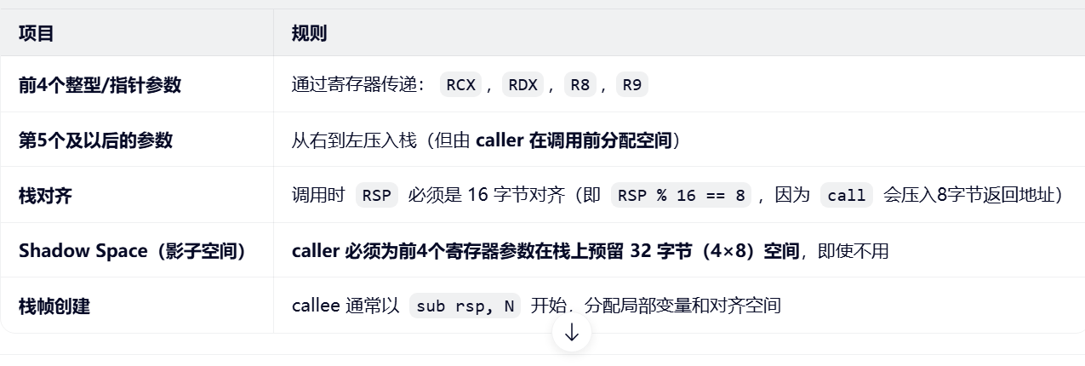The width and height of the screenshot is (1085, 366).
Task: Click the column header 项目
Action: tap(37, 33)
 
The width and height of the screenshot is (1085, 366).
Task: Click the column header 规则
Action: tap(309, 33)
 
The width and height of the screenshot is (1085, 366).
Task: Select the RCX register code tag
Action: tap(460, 84)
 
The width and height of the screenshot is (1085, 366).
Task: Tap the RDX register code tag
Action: tap(523, 84)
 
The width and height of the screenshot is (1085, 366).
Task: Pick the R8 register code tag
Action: tap(580, 84)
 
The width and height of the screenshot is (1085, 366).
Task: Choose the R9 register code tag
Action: tap(631, 84)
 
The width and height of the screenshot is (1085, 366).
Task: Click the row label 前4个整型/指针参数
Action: tap(100, 84)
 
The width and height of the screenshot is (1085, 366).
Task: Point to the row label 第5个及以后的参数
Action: tap(95, 140)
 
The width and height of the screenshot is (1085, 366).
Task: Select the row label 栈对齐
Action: tap(45, 195)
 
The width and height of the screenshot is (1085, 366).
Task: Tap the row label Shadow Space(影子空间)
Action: tap(132, 250)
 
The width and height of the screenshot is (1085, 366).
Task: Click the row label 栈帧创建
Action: tap(54, 306)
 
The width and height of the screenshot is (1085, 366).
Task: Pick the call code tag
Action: tap(847, 195)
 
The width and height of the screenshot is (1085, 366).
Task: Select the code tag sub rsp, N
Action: tap(465, 306)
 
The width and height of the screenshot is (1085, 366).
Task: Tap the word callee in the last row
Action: tap(317, 306)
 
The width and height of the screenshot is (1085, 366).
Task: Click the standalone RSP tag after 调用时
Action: tap(376, 195)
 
